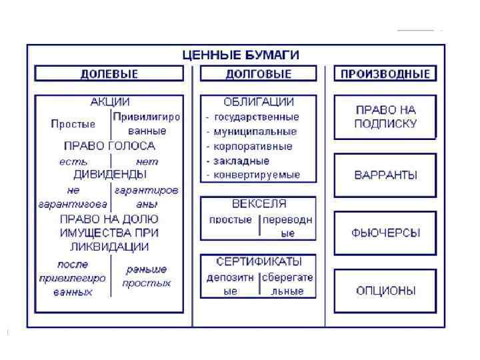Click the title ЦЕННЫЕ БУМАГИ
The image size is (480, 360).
[241, 55]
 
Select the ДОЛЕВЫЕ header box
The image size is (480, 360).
[109, 74]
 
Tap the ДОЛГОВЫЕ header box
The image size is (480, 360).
[259, 74]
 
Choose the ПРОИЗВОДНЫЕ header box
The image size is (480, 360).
[385, 74]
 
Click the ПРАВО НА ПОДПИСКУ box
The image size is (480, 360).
[385, 117]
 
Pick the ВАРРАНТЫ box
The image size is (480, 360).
[385, 175]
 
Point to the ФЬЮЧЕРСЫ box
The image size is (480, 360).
[385, 233]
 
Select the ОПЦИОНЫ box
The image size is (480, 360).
[385, 291]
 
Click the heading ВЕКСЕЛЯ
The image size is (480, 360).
[259, 204]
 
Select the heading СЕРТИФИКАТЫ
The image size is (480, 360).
[259, 261]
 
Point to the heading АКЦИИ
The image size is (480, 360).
[109, 103]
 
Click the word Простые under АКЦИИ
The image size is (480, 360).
[73, 124]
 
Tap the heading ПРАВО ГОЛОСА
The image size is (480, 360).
[109, 146]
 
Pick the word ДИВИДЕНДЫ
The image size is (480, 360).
[109, 175]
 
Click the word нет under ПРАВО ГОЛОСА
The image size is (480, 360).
[147, 161]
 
